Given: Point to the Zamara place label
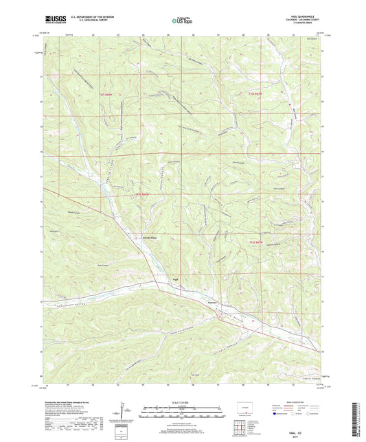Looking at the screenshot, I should pos(212,300).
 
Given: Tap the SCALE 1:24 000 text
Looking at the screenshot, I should pos(183,402).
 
